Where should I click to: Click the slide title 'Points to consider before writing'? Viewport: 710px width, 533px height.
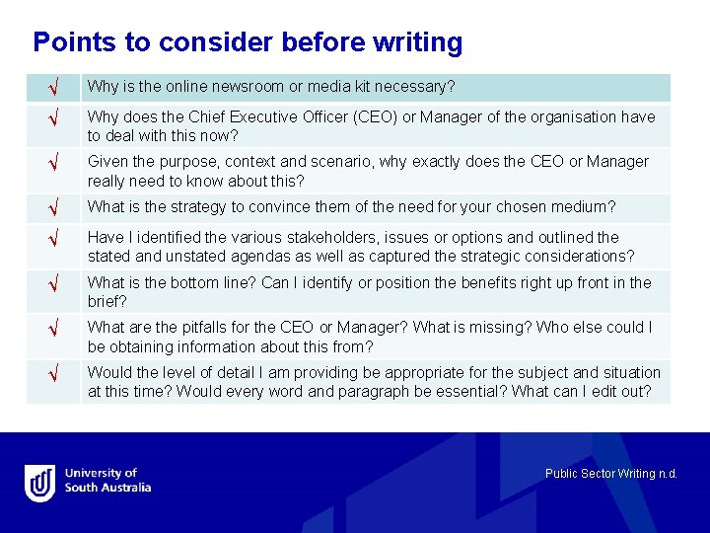(x=248, y=42)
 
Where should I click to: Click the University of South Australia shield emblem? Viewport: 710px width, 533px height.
(x=39, y=483)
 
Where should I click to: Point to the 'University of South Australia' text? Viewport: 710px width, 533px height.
(x=107, y=481)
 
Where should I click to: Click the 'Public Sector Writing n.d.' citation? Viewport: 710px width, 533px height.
(x=610, y=474)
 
